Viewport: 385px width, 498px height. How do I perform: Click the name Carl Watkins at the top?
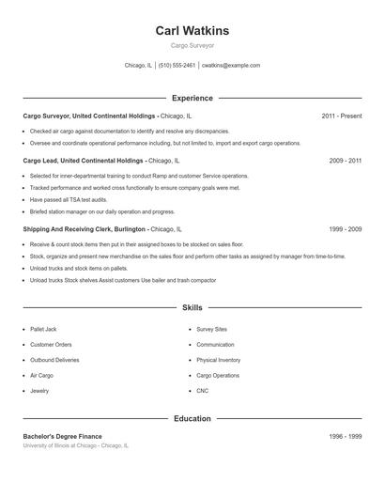click(x=192, y=31)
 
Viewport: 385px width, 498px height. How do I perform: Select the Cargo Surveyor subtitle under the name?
click(x=192, y=45)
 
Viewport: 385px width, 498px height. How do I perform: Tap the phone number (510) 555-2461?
click(x=177, y=66)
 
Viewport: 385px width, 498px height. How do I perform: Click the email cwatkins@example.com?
click(x=231, y=66)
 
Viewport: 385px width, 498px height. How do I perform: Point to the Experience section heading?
click(x=192, y=98)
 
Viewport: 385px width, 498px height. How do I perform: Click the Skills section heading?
click(x=192, y=307)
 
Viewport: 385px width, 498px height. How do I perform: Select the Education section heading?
click(x=192, y=418)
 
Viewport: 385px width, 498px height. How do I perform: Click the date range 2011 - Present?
click(x=341, y=116)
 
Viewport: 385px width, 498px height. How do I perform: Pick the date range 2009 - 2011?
click(x=345, y=161)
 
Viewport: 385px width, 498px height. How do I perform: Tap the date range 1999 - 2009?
click(x=345, y=228)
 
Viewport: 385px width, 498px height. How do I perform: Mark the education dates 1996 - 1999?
click(x=345, y=436)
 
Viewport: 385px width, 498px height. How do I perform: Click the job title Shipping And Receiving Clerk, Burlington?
click(x=85, y=228)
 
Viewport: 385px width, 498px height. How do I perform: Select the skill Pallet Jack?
click(x=43, y=330)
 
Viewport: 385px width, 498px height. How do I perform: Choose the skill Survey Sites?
click(x=211, y=330)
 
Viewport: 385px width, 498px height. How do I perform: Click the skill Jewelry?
click(x=39, y=390)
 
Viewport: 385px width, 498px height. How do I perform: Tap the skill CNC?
click(x=203, y=390)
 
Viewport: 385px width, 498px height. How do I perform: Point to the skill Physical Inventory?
click(x=218, y=360)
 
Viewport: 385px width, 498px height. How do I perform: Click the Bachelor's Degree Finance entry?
click(x=62, y=436)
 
